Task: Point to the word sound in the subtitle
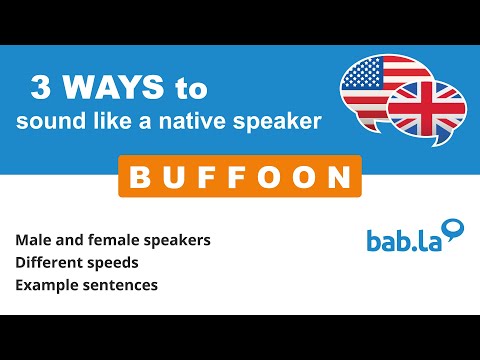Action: [44, 121]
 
